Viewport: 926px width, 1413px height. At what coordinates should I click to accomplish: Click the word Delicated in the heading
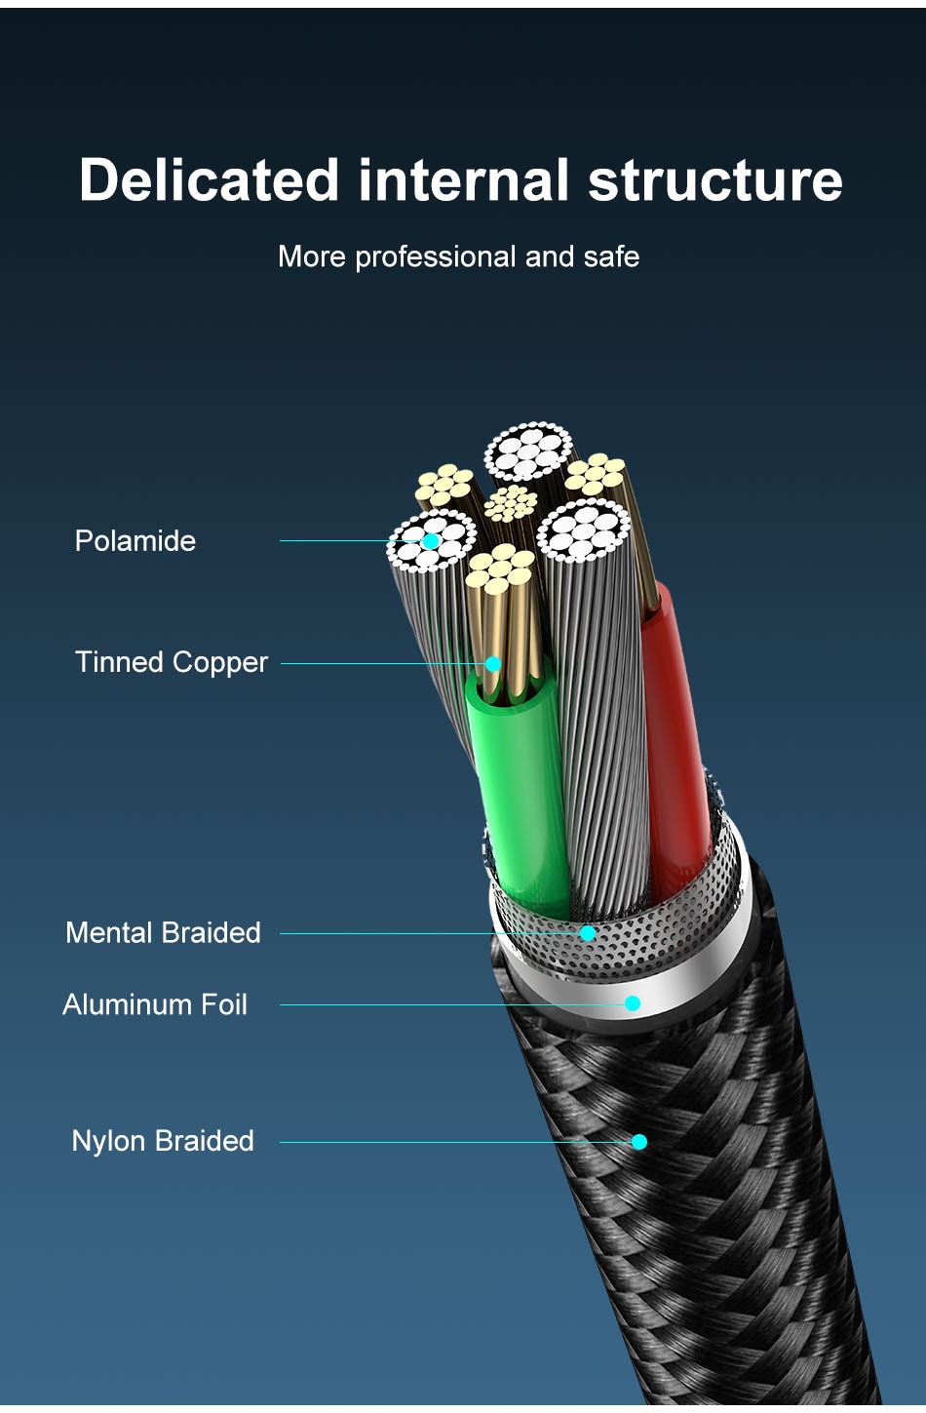[x=209, y=180]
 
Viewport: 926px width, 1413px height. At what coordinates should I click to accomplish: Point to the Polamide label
[x=135, y=541]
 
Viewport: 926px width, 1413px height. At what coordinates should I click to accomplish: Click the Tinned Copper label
[x=172, y=662]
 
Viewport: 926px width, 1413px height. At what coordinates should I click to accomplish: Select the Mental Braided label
[x=163, y=933]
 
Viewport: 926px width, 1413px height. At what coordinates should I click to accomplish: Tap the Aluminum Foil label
[x=155, y=1004]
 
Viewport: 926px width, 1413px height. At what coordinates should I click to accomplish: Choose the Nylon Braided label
[x=163, y=1141]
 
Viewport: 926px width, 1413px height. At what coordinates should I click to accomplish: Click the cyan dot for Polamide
[x=431, y=541]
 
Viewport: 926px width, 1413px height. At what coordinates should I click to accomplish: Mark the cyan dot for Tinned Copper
[x=493, y=664]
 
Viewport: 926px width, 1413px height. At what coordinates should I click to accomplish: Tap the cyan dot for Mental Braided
[x=588, y=933]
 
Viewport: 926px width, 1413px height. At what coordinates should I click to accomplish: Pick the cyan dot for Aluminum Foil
[x=633, y=1003]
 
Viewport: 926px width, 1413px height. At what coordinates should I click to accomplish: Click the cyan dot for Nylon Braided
[x=639, y=1142]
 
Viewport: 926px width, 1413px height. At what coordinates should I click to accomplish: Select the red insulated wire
[x=677, y=741]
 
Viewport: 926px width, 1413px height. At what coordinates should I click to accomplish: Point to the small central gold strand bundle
[x=511, y=503]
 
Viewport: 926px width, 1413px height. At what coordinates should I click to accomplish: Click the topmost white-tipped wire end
[x=528, y=451]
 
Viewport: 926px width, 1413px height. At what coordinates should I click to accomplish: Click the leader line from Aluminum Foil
[x=448, y=1004]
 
